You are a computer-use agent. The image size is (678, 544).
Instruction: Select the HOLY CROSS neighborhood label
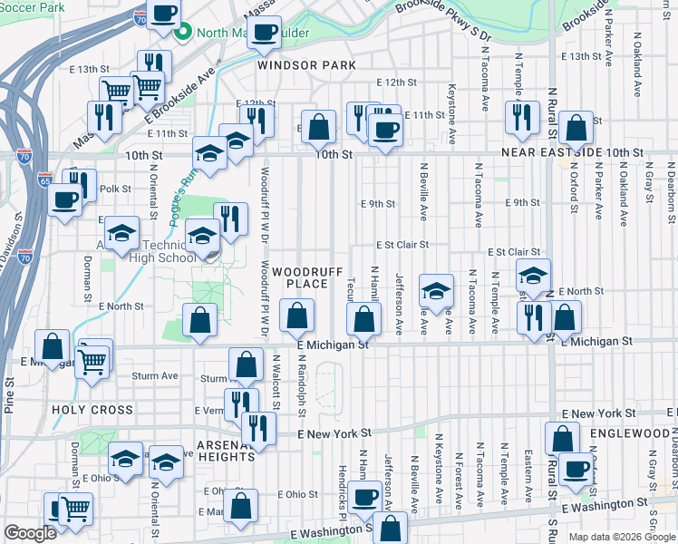92,410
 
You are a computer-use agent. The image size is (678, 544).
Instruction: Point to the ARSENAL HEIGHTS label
227,451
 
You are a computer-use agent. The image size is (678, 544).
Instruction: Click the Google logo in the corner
30,533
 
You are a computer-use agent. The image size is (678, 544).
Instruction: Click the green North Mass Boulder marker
182,34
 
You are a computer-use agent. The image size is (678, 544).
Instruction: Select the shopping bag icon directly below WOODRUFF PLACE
296,317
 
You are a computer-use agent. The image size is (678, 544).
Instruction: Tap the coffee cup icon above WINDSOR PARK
264,33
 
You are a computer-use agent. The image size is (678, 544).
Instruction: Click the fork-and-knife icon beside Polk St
81,184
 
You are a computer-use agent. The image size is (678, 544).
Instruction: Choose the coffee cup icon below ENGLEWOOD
575,469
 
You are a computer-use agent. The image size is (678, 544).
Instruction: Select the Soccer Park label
33,6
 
